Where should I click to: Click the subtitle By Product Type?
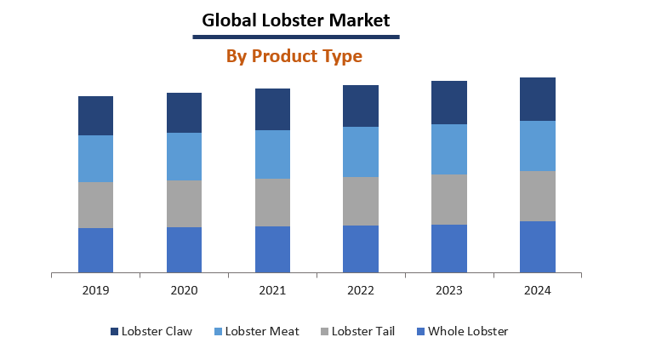click(x=294, y=56)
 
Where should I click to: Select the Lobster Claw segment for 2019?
click(x=95, y=116)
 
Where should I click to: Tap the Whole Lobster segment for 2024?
click(x=537, y=247)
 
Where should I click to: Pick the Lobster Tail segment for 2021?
click(x=272, y=202)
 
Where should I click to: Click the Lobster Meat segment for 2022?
click(x=361, y=151)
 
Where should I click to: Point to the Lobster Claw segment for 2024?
click(x=537, y=99)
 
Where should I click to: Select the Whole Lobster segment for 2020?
click(x=184, y=249)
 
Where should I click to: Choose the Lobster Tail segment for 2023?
click(x=449, y=199)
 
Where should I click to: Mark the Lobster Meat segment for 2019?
click(x=95, y=158)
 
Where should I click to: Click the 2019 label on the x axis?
click(x=95, y=290)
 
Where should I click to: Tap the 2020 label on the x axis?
click(x=184, y=290)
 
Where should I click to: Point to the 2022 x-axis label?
click(x=361, y=290)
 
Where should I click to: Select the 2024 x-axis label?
click(x=537, y=290)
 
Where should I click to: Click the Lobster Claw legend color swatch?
click(x=115, y=331)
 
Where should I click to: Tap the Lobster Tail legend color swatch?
click(x=323, y=331)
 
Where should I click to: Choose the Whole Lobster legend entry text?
click(x=468, y=331)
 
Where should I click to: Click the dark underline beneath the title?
click(x=295, y=37)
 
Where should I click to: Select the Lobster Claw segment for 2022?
click(x=361, y=106)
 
